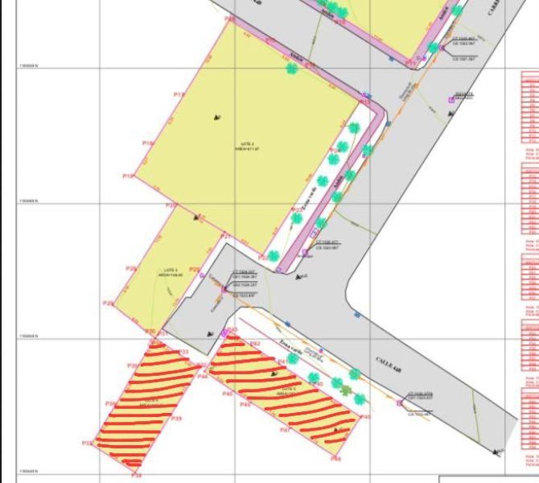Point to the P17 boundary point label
click(179, 94)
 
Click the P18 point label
click(147, 143)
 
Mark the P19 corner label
click(127, 175)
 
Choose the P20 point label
click(171, 206)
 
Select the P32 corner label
click(86, 443)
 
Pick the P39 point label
click(176, 419)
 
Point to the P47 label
click(284, 431)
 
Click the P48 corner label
click(335, 459)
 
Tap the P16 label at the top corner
click(230, 19)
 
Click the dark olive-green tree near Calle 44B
click(346, 391)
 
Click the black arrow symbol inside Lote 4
click(217, 118)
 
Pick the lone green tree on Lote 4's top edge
click(291, 68)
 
